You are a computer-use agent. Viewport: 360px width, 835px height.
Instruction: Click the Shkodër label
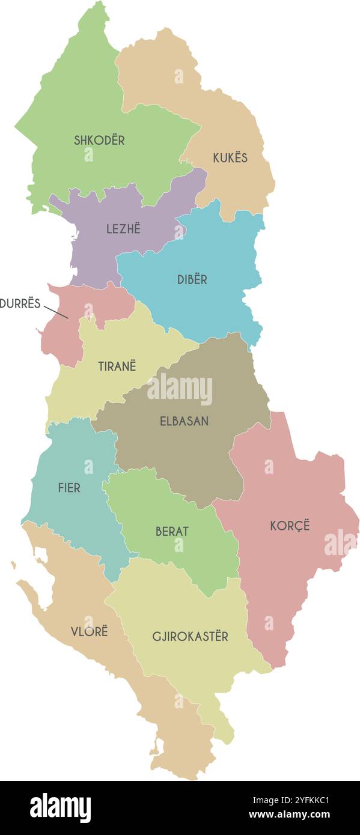[x=99, y=140]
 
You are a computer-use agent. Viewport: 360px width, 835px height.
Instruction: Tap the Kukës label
[x=230, y=158]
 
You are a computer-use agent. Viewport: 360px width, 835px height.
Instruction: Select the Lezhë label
[x=123, y=229]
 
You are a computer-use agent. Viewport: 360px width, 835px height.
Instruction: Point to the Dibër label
[x=192, y=279]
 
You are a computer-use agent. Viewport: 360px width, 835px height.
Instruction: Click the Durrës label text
[x=20, y=303]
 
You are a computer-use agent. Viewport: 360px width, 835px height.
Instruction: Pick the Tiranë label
[x=117, y=366]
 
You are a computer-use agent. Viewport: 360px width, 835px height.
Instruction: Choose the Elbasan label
[x=184, y=421]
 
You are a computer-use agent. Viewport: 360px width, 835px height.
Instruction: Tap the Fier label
[x=69, y=488]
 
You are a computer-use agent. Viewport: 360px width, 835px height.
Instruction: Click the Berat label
[x=172, y=532]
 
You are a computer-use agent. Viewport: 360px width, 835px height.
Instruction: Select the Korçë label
[x=290, y=526]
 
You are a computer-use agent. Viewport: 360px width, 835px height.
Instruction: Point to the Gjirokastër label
[x=190, y=636]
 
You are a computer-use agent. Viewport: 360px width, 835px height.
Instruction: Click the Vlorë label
[x=90, y=631]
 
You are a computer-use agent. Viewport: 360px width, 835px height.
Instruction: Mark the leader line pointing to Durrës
[x=56, y=312]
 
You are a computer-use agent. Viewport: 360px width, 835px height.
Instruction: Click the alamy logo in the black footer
[x=60, y=808]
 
